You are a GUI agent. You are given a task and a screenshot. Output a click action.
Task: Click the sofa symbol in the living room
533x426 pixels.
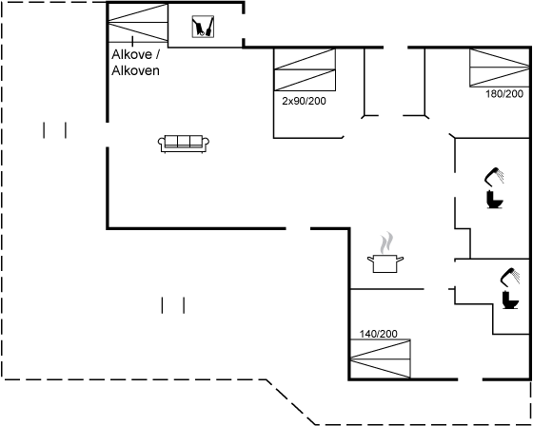tap(184, 144)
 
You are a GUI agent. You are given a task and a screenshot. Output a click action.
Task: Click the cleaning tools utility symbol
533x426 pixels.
tap(203, 27)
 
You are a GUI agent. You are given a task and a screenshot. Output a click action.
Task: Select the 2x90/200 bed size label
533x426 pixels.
tap(304, 101)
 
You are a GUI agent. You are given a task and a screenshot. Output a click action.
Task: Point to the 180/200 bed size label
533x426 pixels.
tap(504, 94)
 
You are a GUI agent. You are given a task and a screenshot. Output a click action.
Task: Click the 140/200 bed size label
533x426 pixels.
tap(379, 334)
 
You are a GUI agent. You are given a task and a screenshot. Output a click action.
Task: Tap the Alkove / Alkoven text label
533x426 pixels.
tap(135, 62)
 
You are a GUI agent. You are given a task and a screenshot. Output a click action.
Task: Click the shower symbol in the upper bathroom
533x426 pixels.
tap(494, 176)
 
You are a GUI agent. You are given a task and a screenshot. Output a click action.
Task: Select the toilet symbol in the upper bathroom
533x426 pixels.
tap(495, 200)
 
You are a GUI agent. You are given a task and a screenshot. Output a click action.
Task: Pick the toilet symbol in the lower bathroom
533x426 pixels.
tap(510, 300)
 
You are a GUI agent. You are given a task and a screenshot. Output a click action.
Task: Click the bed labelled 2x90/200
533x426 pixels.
tap(305, 69)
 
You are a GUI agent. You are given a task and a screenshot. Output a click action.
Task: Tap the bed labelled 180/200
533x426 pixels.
tap(500, 68)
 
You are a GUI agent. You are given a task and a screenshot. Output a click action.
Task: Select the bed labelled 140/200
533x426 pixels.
tap(381, 358)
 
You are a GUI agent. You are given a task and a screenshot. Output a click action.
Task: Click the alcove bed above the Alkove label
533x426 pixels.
tap(138, 23)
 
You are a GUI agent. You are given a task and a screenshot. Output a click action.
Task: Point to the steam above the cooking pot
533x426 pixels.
tap(386, 242)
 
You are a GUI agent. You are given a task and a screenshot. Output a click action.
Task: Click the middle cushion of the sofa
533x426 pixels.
tap(184, 141)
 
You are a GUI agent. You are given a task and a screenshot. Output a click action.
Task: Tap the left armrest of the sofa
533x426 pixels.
tap(162, 143)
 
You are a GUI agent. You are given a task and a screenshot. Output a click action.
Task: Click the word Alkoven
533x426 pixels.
tap(135, 70)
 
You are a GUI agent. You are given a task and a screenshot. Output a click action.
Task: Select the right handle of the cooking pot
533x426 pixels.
tap(400, 260)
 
